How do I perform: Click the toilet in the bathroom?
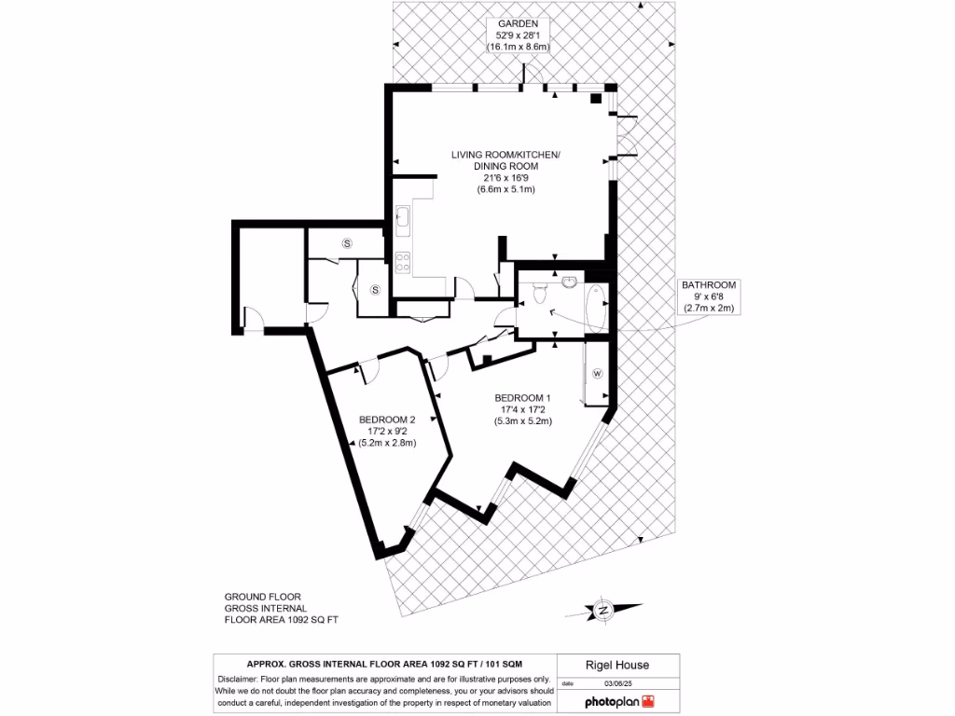tap(539, 295)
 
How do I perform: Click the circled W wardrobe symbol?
tap(598, 374)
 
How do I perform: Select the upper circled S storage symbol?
tap(347, 243)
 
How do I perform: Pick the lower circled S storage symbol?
tap(376, 290)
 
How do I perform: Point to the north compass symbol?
tap(604, 611)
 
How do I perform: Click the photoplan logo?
tap(619, 700)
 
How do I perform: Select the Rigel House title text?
tap(616, 665)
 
